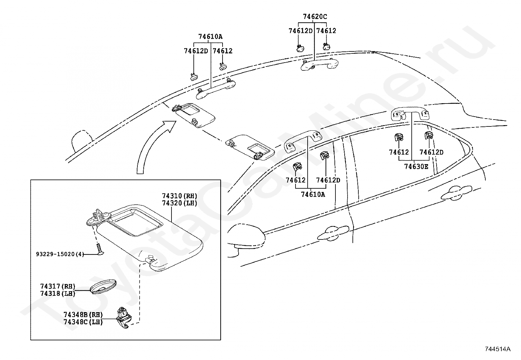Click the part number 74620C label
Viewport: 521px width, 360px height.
pos(315,17)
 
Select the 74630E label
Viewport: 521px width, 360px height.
pos(416,167)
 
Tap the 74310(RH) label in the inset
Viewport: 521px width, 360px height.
pos(180,196)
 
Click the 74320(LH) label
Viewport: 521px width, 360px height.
pos(180,203)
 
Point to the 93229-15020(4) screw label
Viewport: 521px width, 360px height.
pos(60,254)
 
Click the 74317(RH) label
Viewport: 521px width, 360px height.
pos(58,286)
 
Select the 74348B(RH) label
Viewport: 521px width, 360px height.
pos(83,315)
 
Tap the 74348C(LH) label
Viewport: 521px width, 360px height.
pos(83,322)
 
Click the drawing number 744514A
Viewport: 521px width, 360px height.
pos(498,349)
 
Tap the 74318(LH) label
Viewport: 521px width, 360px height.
pos(58,294)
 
